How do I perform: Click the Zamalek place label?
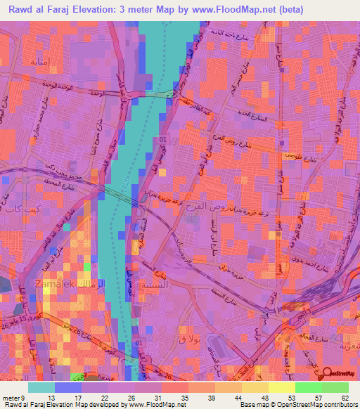[48, 284]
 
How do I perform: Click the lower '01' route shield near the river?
[138, 342]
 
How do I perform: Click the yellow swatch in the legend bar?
[281, 387]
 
